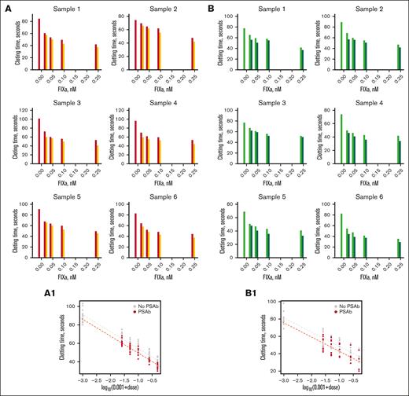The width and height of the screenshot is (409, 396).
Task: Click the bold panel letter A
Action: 6,5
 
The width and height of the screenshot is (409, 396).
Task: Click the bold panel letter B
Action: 211,5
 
